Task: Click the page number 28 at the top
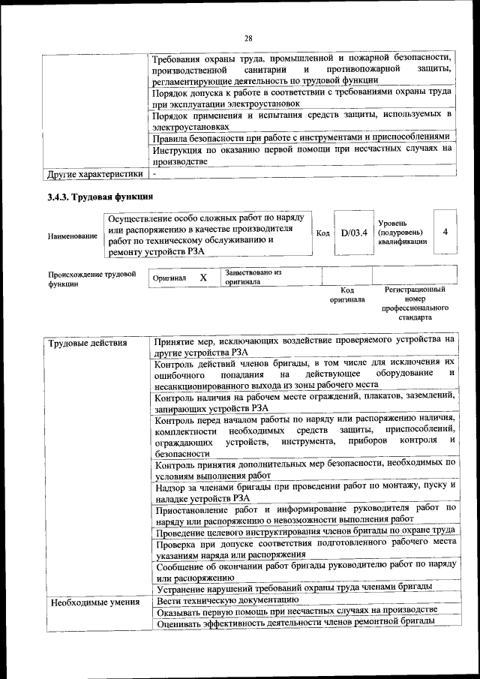click(x=248, y=38)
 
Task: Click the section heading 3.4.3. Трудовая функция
click(x=100, y=197)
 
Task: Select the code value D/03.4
click(x=353, y=233)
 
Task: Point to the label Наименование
click(x=73, y=236)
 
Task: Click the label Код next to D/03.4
click(x=322, y=233)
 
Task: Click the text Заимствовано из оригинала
click(x=252, y=278)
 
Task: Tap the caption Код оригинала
click(x=347, y=294)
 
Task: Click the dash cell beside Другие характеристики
click(x=154, y=174)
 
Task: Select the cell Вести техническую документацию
click(x=228, y=599)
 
